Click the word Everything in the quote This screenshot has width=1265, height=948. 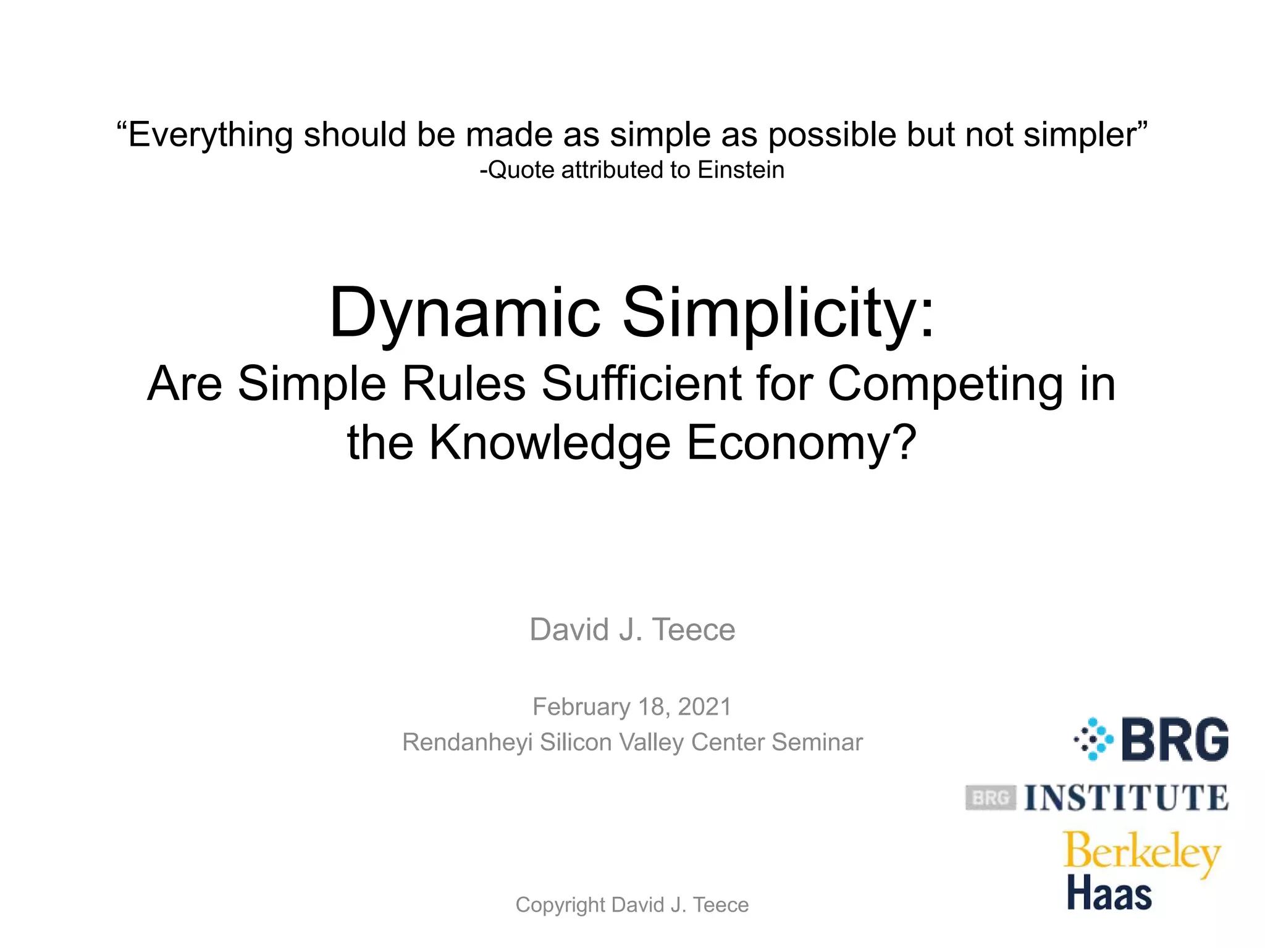point(209,135)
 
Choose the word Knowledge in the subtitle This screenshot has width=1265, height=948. point(550,443)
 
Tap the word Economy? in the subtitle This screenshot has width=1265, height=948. point(801,443)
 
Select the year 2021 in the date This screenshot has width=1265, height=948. point(705,707)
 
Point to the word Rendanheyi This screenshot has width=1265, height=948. point(467,742)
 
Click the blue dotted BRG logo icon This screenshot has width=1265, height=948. point(1094,739)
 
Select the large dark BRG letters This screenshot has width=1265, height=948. point(1175,739)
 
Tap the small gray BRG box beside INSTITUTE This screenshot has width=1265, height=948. point(990,798)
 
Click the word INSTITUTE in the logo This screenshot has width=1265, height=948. point(1126,798)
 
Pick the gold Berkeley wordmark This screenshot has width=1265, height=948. point(1142,853)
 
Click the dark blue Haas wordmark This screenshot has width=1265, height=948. point(1109,894)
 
